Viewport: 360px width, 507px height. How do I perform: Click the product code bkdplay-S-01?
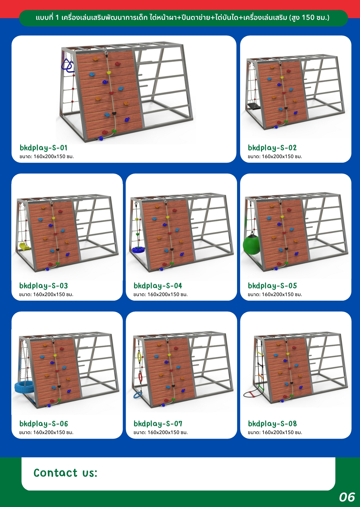point(43,148)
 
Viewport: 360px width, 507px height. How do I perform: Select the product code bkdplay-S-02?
point(272,148)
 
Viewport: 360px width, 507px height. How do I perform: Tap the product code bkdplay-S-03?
point(43,286)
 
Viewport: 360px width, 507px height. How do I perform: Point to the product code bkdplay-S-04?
point(158,286)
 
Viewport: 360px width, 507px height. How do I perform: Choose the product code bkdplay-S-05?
point(272,286)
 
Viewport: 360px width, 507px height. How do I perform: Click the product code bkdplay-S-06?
point(43,423)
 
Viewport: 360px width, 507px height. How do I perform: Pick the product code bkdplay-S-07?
point(158,423)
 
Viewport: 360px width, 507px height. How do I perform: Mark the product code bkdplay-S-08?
point(272,423)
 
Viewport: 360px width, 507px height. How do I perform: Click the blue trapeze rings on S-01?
point(67,66)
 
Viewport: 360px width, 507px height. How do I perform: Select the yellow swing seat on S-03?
point(24,246)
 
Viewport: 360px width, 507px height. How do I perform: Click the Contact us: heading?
point(65,473)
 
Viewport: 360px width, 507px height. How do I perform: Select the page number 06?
point(347,497)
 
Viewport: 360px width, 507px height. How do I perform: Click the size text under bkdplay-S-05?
point(275,295)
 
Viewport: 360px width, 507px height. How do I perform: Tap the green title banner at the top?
point(183,18)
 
